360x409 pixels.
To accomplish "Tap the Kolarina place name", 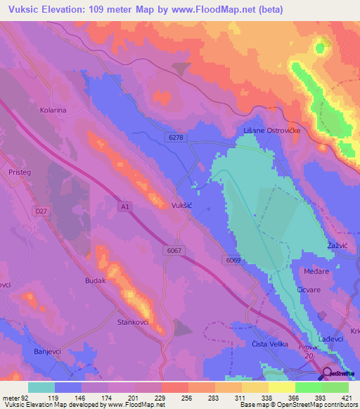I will pyautogui.click(x=53, y=110).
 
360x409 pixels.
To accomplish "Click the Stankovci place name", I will pyautogui.click(x=131, y=323).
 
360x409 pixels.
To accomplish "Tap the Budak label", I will pyautogui.click(x=95, y=280).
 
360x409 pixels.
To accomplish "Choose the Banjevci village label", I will pyautogui.click(x=49, y=351).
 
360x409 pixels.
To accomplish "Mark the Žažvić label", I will pyautogui.click(x=340, y=245).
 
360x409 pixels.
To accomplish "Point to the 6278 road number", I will pyautogui.click(x=176, y=138).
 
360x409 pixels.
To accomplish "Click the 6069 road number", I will pyautogui.click(x=234, y=259).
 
